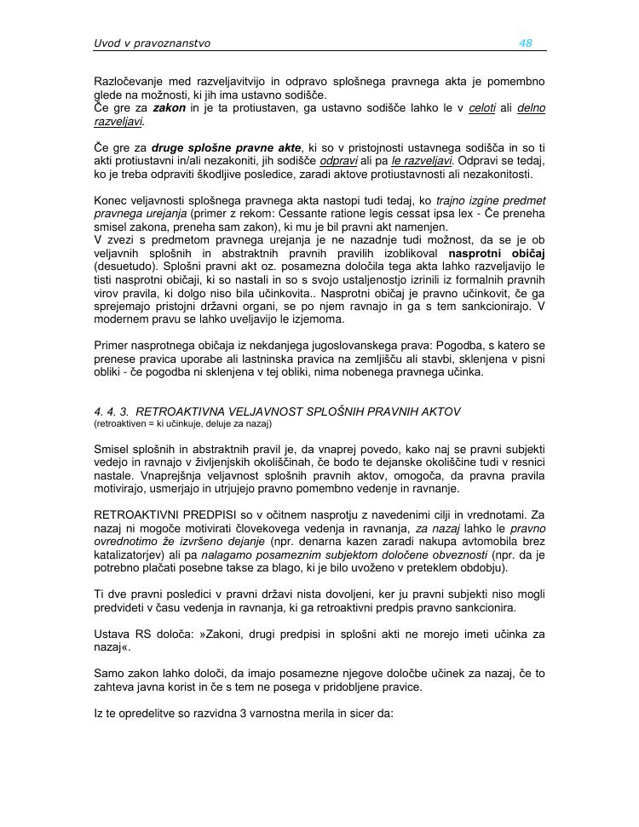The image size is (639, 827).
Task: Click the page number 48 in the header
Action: coord(526,43)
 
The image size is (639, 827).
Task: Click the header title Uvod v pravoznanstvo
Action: coord(152,43)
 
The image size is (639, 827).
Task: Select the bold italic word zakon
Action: coord(169,109)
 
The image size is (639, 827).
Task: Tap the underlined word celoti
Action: coord(482,109)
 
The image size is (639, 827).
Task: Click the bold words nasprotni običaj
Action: coord(497,253)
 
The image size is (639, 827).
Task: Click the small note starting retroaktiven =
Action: coord(182,422)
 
